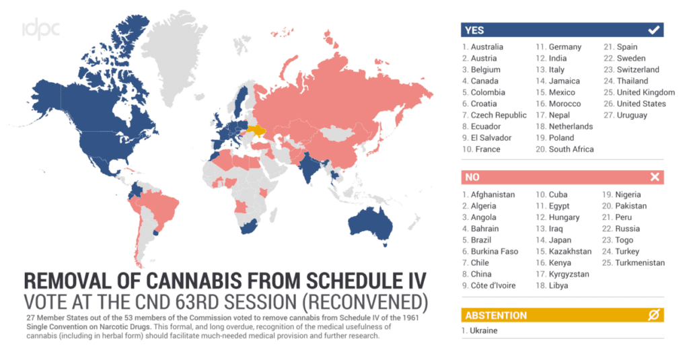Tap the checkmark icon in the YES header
click(653, 30)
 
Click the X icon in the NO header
click(654, 177)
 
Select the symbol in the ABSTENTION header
click(653, 315)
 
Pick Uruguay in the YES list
click(632, 115)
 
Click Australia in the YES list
click(486, 47)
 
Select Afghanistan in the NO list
click(493, 194)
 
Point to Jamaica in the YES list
click(565, 81)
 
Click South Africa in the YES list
click(571, 149)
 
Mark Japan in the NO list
click(560, 240)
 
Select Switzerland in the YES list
click(638, 69)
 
